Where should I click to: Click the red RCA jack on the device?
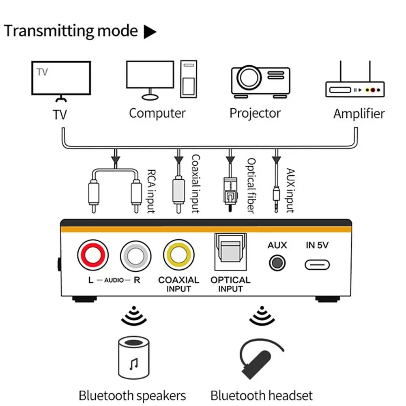[93, 255]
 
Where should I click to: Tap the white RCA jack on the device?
[136, 256]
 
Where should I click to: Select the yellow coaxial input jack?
[178, 255]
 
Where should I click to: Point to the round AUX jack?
[277, 263]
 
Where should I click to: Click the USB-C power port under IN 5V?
[317, 265]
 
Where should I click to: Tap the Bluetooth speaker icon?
[134, 358]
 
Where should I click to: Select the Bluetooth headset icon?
[262, 359]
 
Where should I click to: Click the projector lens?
[249, 77]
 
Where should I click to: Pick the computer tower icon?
[189, 79]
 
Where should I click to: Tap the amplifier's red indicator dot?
[373, 90]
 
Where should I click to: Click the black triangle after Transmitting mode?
[150, 32]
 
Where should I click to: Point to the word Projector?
[255, 114]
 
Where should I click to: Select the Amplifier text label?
[359, 114]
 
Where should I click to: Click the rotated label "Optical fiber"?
[251, 186]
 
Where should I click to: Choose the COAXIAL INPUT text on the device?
[178, 284]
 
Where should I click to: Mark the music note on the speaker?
[133, 364]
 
